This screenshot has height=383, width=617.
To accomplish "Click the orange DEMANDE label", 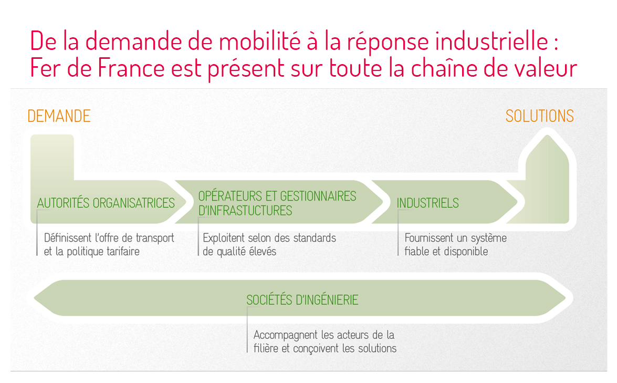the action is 59,116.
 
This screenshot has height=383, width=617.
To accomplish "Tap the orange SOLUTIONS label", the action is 539,116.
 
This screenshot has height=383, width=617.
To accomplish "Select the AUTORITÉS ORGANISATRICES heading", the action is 106,203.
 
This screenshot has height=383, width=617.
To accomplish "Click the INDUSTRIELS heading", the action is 428,203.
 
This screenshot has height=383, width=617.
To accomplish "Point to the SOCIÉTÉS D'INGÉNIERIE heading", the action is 302,300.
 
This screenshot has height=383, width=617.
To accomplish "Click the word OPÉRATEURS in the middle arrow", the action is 230,195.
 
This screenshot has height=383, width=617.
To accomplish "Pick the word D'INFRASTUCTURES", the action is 245,211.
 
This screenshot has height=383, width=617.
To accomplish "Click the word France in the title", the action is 132,68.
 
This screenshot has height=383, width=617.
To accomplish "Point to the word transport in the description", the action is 154,239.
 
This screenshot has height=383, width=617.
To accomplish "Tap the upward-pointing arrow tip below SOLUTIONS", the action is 547,136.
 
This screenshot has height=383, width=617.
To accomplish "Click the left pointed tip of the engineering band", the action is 35,298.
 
